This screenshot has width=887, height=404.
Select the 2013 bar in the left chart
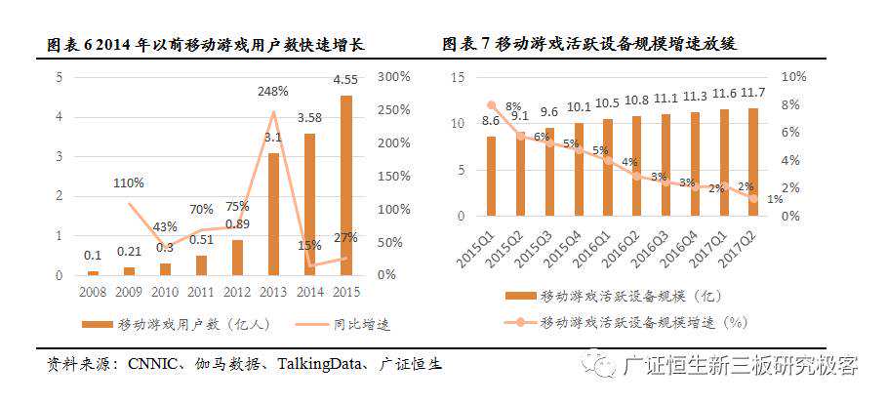point(273,214)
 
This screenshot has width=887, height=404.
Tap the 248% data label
point(273,91)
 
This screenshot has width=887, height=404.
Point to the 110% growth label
point(129,182)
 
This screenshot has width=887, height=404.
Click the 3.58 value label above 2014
point(310,118)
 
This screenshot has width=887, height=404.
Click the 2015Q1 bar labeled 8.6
point(491,176)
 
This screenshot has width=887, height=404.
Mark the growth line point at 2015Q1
point(491,105)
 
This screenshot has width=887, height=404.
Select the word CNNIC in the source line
point(151,364)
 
